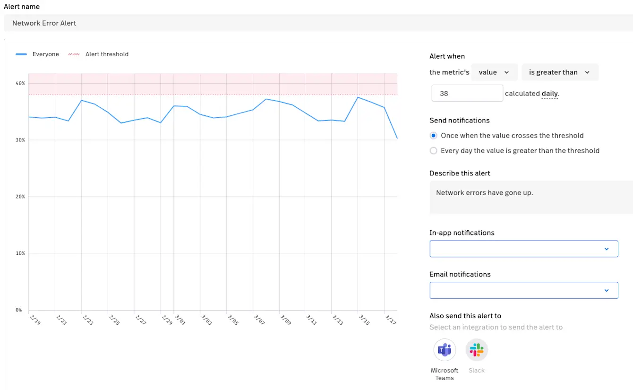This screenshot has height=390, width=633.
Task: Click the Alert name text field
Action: (316, 23)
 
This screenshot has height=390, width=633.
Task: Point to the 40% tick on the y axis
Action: (20, 83)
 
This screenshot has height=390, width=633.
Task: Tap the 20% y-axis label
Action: (20, 197)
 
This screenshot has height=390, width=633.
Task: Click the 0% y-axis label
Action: (19, 310)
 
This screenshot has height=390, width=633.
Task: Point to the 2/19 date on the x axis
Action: (34, 320)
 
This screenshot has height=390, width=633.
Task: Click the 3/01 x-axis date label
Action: (180, 320)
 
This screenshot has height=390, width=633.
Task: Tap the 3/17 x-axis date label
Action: (390, 320)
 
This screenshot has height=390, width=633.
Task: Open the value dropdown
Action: (494, 72)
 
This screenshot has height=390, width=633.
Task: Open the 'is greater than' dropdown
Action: (560, 72)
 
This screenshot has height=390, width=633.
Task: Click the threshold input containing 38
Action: (467, 93)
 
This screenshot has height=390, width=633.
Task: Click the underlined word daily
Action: (550, 94)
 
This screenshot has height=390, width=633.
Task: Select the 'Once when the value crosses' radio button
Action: (434, 136)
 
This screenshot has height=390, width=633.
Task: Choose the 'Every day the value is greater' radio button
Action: (434, 151)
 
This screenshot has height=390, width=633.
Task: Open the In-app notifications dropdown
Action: (523, 249)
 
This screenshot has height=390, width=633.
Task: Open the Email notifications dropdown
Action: (523, 290)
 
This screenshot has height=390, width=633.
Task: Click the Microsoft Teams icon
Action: (445, 350)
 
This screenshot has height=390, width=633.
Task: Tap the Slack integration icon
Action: (477, 350)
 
